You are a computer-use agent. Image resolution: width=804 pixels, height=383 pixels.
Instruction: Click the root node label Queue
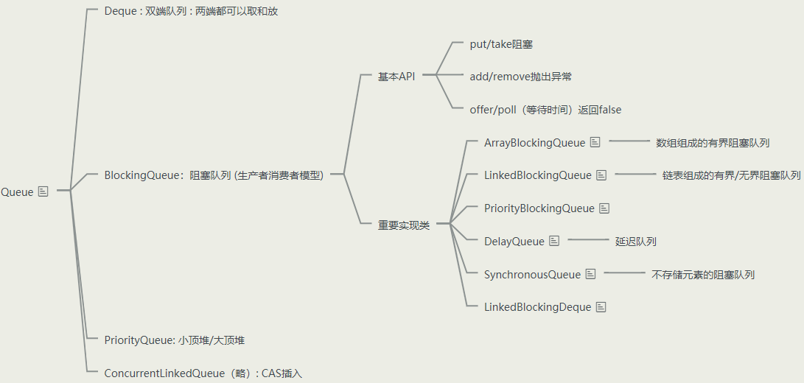(x=17, y=192)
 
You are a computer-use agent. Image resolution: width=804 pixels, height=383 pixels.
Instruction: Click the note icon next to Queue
(x=43, y=191)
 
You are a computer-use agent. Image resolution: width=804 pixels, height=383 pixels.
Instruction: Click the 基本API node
(x=396, y=77)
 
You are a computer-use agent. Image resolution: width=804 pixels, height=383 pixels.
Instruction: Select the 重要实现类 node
(x=403, y=225)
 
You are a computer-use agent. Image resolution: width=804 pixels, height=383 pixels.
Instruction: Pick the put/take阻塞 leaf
(x=501, y=44)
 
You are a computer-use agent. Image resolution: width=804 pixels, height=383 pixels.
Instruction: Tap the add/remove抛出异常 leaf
(x=520, y=77)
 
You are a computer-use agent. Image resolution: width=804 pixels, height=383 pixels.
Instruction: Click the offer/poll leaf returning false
(x=545, y=110)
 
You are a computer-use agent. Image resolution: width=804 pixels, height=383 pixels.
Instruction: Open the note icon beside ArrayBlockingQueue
(x=595, y=142)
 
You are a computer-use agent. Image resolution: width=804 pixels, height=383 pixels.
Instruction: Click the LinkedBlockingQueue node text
(x=537, y=175)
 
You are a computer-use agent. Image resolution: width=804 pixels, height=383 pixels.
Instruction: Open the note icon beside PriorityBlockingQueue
(x=604, y=208)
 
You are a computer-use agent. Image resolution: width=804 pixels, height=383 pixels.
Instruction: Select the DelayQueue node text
(x=514, y=242)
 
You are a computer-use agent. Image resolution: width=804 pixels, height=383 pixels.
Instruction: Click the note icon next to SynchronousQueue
(x=590, y=274)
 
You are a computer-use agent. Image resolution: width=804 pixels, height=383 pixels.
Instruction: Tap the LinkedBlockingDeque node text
(x=537, y=307)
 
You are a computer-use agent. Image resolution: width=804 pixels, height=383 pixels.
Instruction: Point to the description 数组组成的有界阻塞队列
(x=713, y=143)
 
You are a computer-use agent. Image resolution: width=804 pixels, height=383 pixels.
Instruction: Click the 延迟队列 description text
(x=636, y=242)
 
